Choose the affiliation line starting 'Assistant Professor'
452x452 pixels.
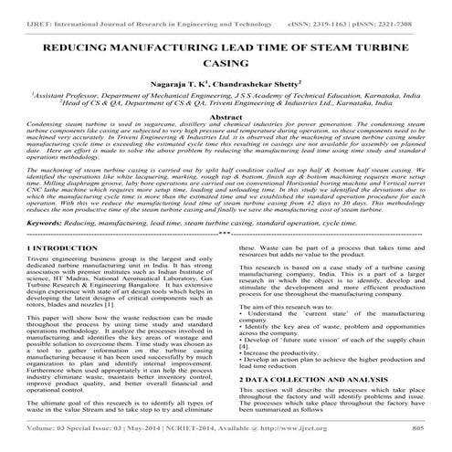[224, 94]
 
